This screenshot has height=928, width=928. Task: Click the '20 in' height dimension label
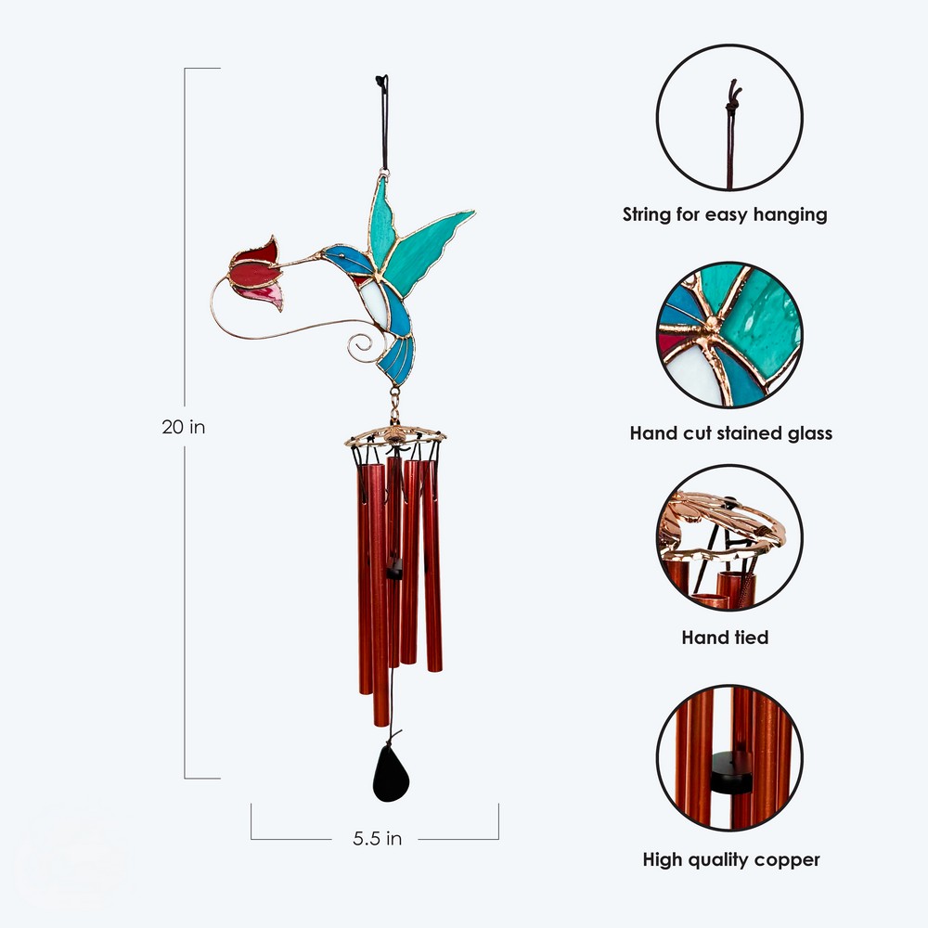coord(184,427)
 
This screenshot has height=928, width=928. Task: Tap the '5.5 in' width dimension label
coord(377,838)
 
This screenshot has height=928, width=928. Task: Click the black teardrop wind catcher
coord(391,774)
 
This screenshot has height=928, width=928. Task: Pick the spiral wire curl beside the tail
coord(362,346)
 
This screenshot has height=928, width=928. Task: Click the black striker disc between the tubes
coord(393,573)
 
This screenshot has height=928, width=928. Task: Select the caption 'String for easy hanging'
coord(725,214)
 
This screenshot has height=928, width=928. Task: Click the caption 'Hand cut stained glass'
coord(731,433)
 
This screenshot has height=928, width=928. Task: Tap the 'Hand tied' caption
coord(725,638)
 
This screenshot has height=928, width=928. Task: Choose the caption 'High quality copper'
coord(731,859)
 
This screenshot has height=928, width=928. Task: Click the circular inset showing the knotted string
coord(729,117)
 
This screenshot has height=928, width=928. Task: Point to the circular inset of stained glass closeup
coord(729,334)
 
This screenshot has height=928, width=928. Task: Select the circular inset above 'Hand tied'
coord(729,537)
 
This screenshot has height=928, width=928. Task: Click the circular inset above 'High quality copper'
coord(729,757)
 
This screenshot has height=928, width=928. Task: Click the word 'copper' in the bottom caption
coord(787,860)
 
